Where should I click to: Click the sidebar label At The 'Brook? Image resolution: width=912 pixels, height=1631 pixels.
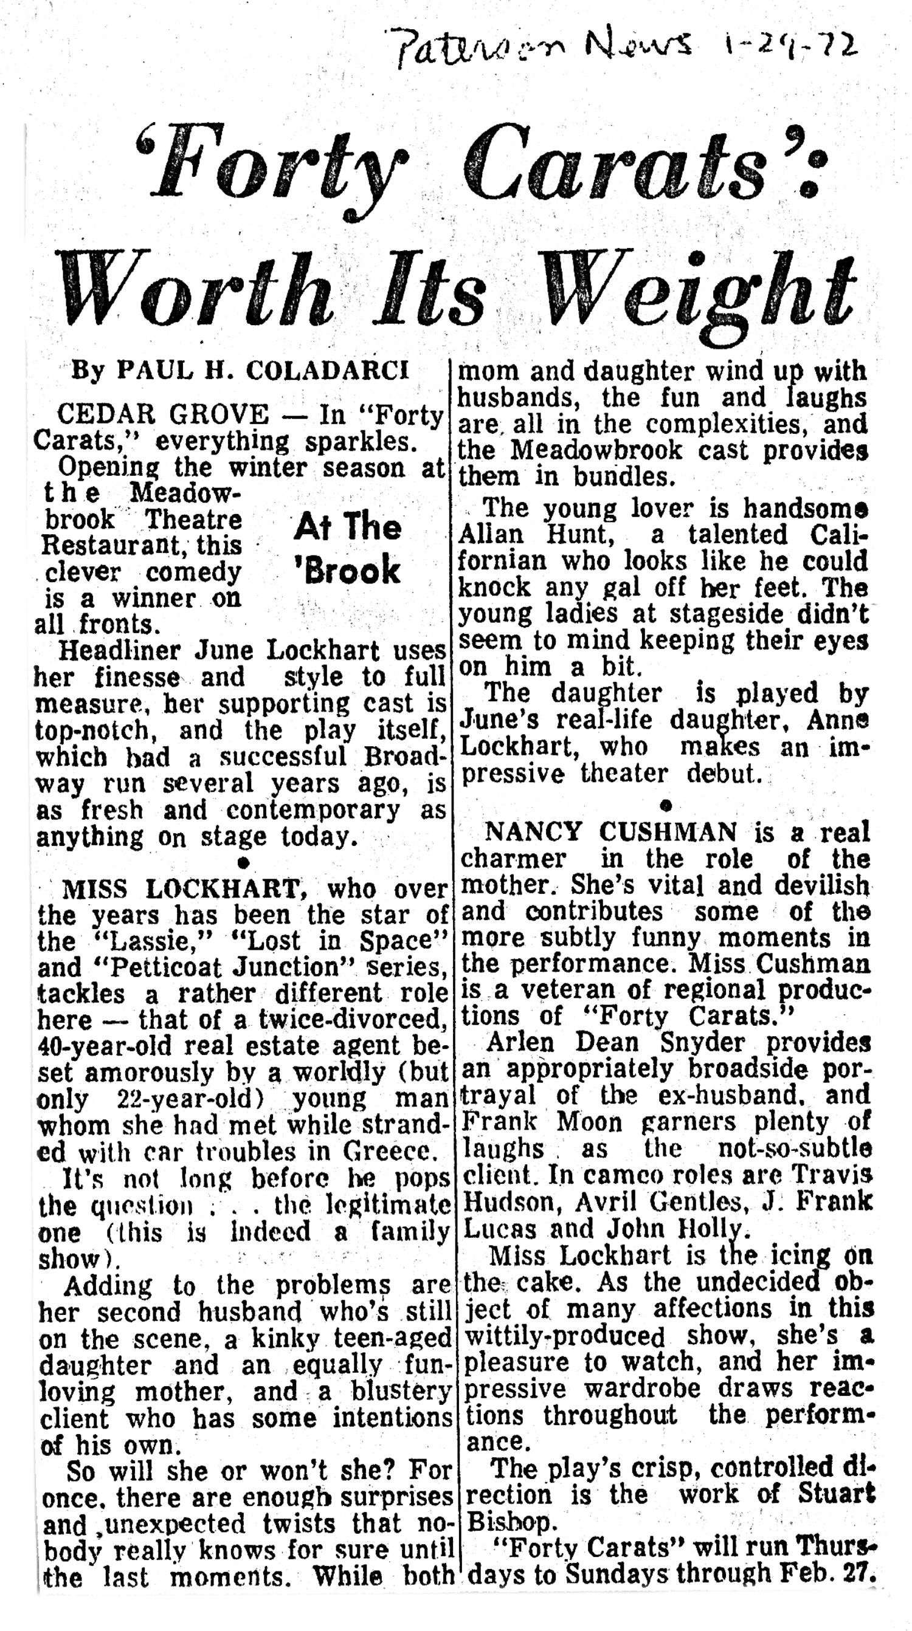(x=347, y=548)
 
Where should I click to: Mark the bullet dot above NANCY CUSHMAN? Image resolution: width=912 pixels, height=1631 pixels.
(x=665, y=805)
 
